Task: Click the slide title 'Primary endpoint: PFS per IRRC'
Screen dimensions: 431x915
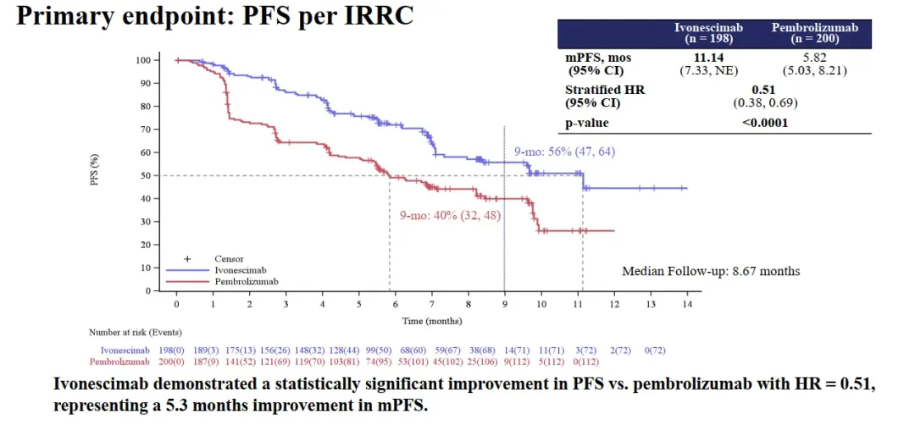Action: point(214,17)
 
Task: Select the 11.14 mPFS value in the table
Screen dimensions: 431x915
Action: point(708,58)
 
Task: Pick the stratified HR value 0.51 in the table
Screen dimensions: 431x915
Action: point(764,90)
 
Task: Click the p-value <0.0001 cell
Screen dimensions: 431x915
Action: point(765,123)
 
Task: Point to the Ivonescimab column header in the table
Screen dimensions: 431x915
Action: point(708,33)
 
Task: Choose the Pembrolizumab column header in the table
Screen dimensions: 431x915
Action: point(814,33)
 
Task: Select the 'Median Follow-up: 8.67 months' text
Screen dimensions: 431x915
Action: point(711,271)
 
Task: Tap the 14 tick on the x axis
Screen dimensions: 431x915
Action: point(687,303)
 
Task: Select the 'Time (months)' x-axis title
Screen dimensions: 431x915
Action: point(431,320)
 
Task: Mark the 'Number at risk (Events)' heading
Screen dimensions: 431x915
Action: point(136,332)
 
